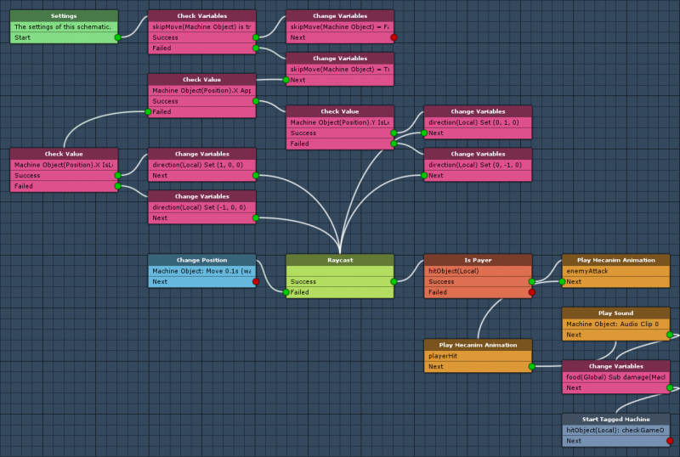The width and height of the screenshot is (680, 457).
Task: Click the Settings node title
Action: (x=64, y=16)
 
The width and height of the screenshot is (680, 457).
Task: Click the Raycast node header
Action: (x=339, y=260)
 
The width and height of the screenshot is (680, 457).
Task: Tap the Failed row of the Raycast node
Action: (x=339, y=292)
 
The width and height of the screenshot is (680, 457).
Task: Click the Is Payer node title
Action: (x=478, y=260)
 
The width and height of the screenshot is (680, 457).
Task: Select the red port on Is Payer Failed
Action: (x=532, y=292)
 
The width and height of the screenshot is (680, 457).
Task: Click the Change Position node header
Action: (x=201, y=260)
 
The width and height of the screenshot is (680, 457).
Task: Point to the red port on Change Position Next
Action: (x=256, y=281)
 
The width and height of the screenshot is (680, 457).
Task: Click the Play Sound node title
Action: (x=615, y=313)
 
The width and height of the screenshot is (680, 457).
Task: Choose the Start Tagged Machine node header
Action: (x=615, y=419)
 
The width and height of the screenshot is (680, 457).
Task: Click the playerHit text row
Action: (x=478, y=356)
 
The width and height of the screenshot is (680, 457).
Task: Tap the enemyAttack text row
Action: (x=615, y=271)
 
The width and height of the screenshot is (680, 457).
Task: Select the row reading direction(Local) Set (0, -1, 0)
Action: (x=478, y=165)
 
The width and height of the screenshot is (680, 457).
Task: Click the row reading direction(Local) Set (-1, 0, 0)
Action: (x=201, y=207)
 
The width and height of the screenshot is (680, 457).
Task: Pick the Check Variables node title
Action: (x=201, y=16)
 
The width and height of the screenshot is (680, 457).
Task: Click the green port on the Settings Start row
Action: (x=118, y=37)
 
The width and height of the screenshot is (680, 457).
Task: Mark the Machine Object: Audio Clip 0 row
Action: (x=615, y=324)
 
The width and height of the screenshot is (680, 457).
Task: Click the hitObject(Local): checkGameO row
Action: (x=615, y=430)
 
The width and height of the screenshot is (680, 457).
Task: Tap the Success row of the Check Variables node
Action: (x=201, y=37)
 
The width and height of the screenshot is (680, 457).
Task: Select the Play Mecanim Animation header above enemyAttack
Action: (x=615, y=260)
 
